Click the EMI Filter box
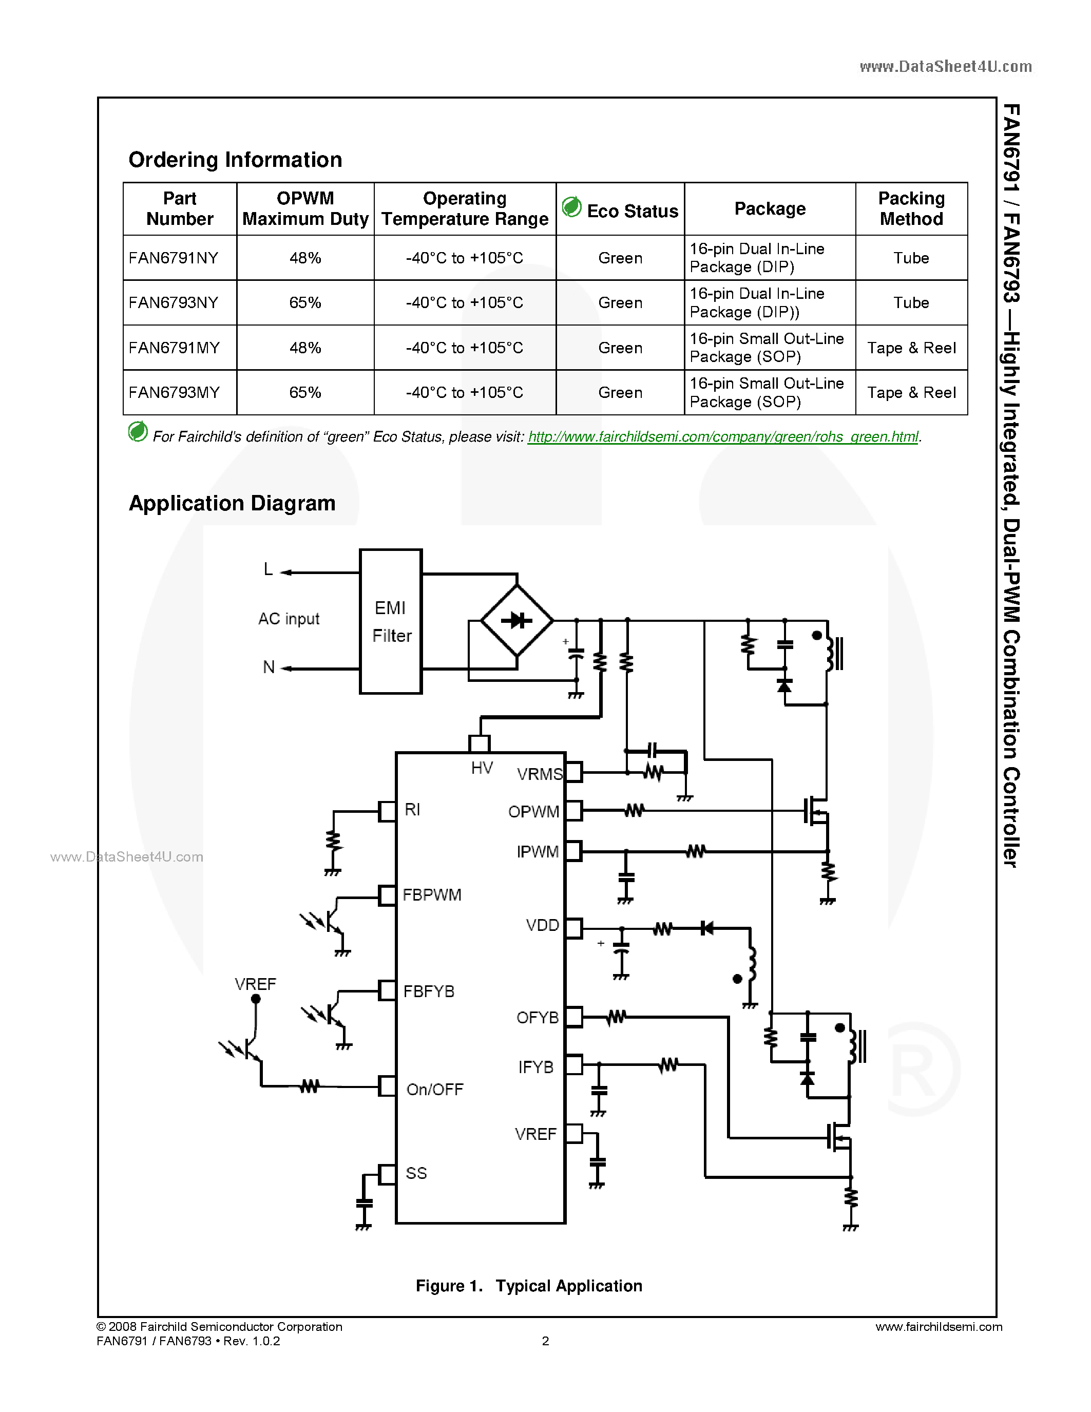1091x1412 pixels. coord(390,621)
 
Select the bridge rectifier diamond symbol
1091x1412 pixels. coord(517,621)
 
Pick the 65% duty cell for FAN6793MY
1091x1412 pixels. coord(305,392)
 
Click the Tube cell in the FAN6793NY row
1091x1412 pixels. coord(911,302)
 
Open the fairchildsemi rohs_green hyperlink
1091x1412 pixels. coord(722,437)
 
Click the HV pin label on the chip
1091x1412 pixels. coord(482,768)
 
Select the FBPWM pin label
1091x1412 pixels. coord(432,895)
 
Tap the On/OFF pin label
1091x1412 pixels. coord(434,1090)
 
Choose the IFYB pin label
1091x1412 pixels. coord(536,1067)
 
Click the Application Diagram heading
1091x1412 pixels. coord(232,503)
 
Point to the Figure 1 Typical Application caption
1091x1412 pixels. coord(529,1286)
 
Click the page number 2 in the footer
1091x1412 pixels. coord(545,1341)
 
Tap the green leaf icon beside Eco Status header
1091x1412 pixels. coord(572,207)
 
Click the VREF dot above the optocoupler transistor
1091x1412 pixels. coord(256,999)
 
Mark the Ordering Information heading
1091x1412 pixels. coord(235,160)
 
